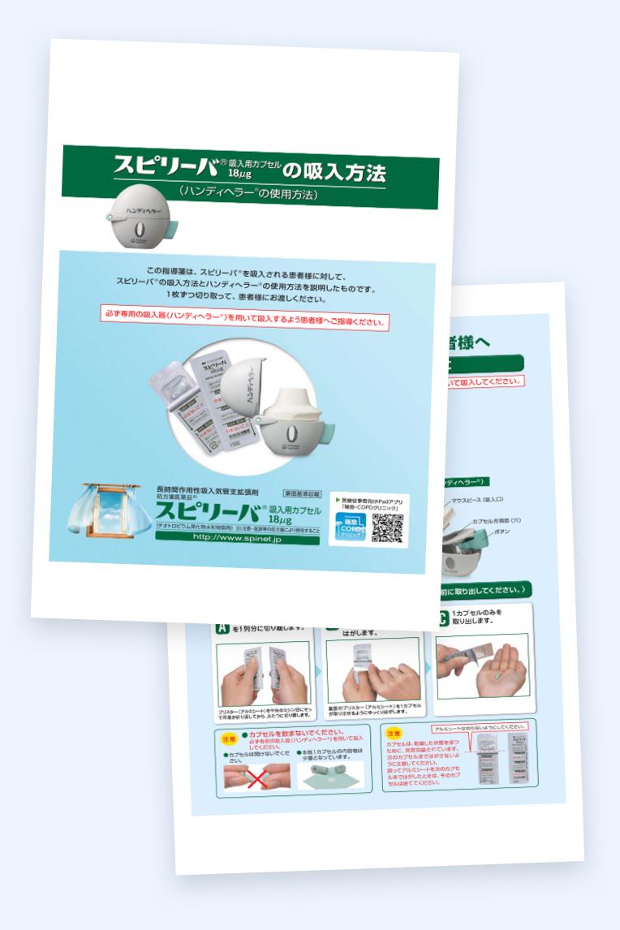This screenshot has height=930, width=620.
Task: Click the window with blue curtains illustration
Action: pos(110,513)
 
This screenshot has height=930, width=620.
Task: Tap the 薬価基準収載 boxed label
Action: pos(303,493)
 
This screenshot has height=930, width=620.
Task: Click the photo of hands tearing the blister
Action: pos(252,678)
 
